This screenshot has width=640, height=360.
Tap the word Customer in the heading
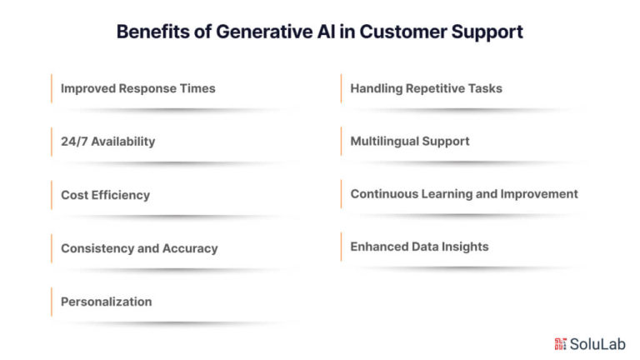(x=403, y=32)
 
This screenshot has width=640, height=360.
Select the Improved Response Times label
(x=138, y=88)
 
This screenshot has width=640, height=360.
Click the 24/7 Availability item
(x=107, y=142)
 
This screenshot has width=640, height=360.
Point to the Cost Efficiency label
(x=105, y=195)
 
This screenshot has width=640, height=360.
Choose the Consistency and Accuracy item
(x=139, y=248)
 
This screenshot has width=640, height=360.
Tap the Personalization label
(x=106, y=302)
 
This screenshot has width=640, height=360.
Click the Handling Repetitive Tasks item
(x=426, y=88)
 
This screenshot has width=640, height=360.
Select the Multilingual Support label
(x=410, y=141)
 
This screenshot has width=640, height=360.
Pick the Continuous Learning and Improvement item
(x=464, y=194)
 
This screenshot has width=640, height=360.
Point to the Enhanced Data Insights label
(x=419, y=247)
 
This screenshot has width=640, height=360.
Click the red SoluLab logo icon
(x=560, y=344)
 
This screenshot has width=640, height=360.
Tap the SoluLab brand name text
(x=597, y=344)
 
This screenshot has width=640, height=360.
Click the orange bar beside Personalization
(x=52, y=302)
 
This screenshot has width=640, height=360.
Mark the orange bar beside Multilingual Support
(x=341, y=141)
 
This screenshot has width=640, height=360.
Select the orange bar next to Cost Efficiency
(x=52, y=195)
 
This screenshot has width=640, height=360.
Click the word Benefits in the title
(x=153, y=32)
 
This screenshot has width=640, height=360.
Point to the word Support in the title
(x=487, y=32)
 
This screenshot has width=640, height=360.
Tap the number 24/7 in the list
(x=74, y=142)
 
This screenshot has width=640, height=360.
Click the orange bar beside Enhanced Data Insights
(x=341, y=247)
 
